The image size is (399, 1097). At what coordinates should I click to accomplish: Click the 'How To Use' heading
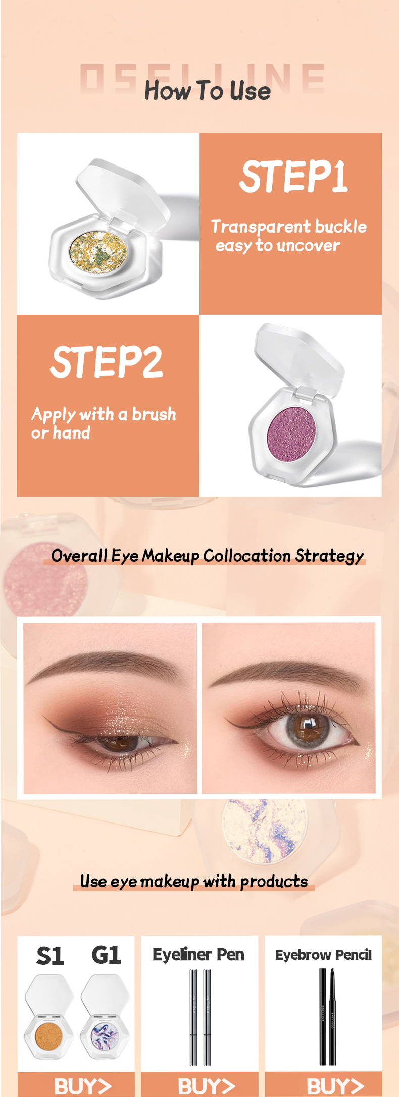tap(208, 91)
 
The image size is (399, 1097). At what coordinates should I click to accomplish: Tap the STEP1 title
tap(293, 177)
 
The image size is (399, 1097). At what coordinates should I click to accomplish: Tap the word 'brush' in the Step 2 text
tap(154, 414)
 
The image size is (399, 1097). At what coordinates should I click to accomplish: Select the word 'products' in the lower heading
tap(274, 882)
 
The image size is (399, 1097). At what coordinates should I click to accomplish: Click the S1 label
tap(50, 956)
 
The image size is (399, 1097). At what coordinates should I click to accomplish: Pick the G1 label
tap(106, 955)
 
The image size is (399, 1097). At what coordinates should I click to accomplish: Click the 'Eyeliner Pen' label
tap(198, 955)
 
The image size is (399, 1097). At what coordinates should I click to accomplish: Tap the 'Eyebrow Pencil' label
tap(323, 955)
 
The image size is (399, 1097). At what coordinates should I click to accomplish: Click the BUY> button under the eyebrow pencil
tap(335, 1086)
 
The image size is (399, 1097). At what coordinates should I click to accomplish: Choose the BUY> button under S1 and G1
tap(83, 1086)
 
